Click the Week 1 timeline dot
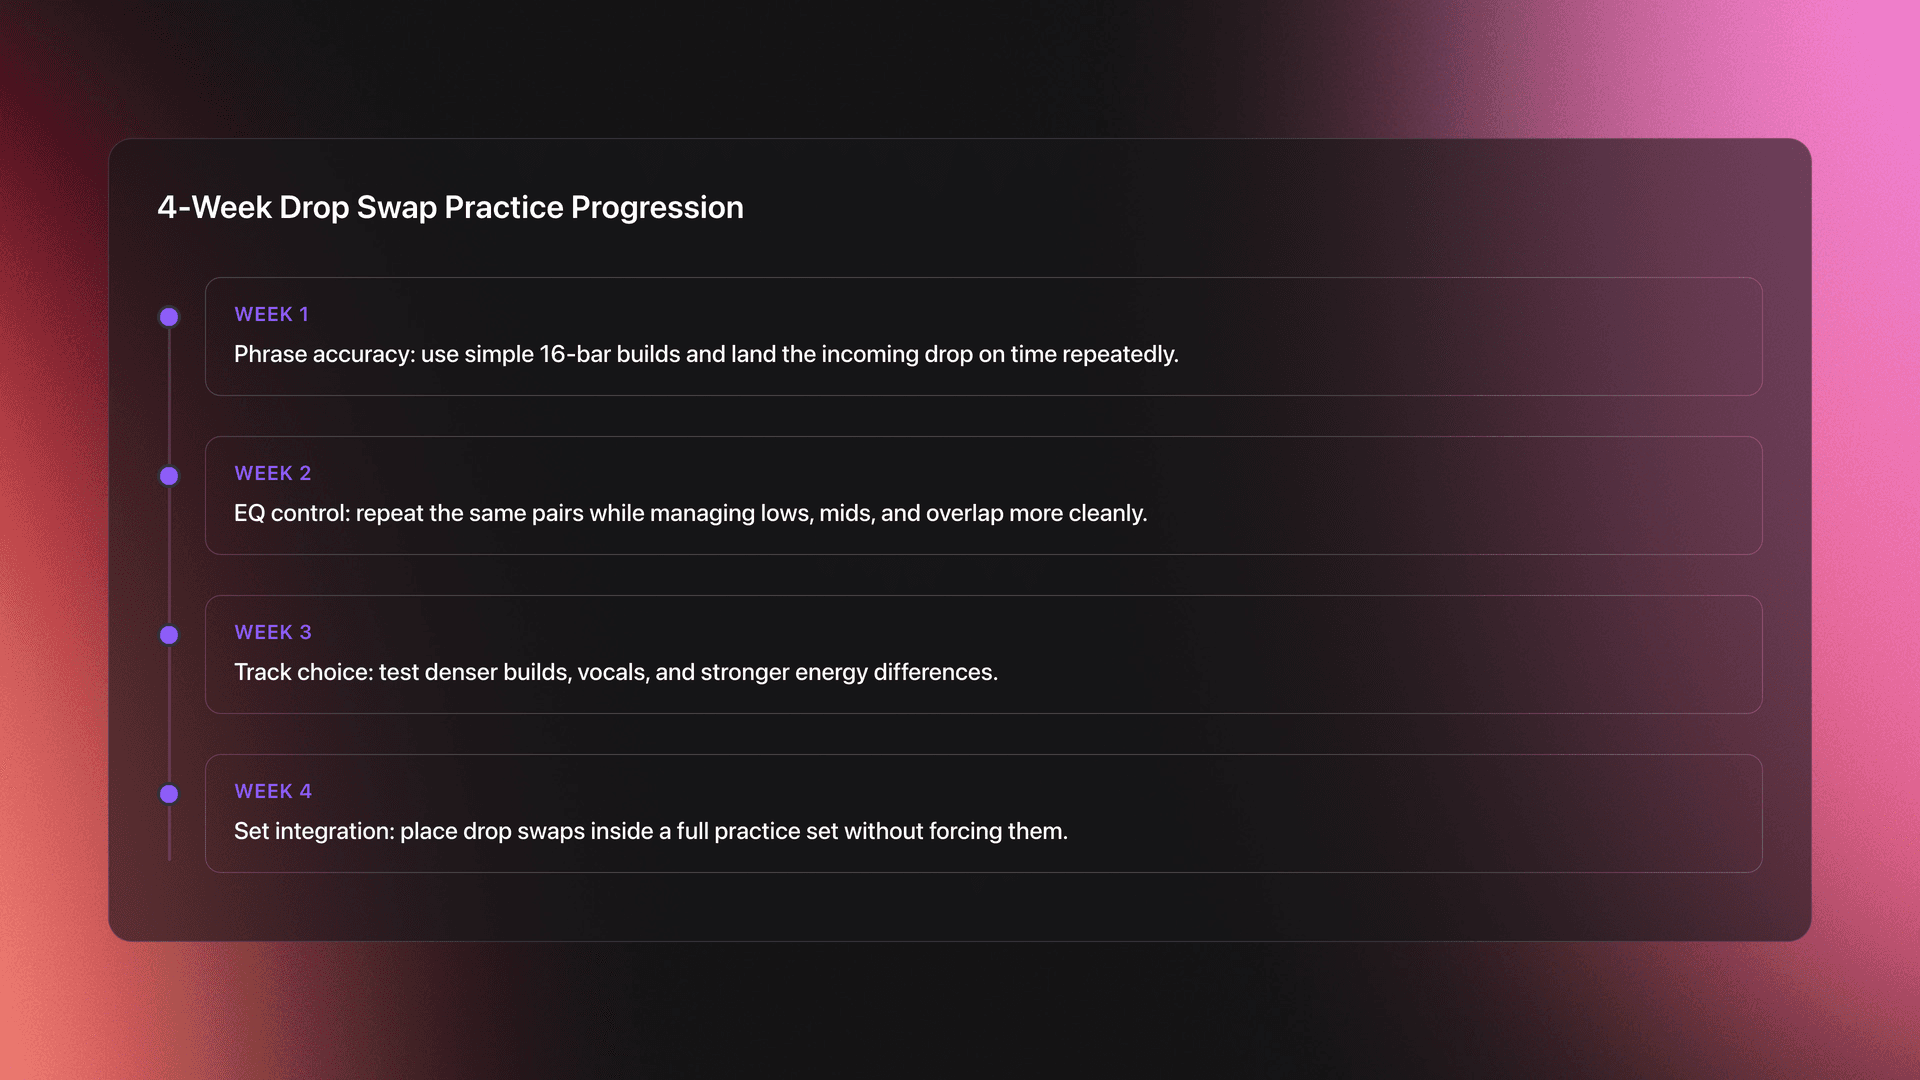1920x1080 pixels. (x=169, y=317)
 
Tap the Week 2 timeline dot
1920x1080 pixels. (x=169, y=476)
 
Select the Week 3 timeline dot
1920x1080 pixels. (x=169, y=635)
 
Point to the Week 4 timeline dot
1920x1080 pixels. (x=169, y=794)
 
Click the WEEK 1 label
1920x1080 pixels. (x=271, y=314)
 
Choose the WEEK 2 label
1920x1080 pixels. (x=272, y=473)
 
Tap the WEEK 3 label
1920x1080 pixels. (x=272, y=632)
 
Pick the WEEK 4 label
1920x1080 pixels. (x=272, y=791)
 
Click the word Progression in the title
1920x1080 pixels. (x=657, y=207)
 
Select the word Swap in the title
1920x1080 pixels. (x=396, y=207)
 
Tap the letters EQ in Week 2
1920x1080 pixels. (x=249, y=513)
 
